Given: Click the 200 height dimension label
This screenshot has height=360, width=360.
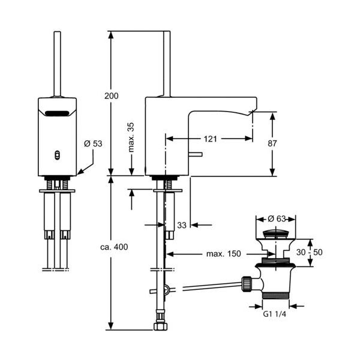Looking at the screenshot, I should (111, 96).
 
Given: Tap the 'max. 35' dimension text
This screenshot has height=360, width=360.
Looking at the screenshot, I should (131, 139).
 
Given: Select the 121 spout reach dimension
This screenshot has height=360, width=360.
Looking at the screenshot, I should (209, 139).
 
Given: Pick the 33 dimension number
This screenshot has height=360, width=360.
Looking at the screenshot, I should (182, 225).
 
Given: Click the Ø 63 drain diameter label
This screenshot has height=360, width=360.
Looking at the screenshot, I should (276, 218).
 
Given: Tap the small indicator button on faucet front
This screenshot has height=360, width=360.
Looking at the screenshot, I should (56, 155).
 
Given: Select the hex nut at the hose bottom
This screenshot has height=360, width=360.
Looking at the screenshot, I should (161, 328).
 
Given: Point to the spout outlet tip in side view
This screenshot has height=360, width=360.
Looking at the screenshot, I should (253, 113).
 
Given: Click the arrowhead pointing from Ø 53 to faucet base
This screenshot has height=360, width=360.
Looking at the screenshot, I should (79, 172).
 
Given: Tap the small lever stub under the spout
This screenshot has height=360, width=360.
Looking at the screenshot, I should (196, 155).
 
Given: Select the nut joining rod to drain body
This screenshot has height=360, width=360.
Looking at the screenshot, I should (246, 281).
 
